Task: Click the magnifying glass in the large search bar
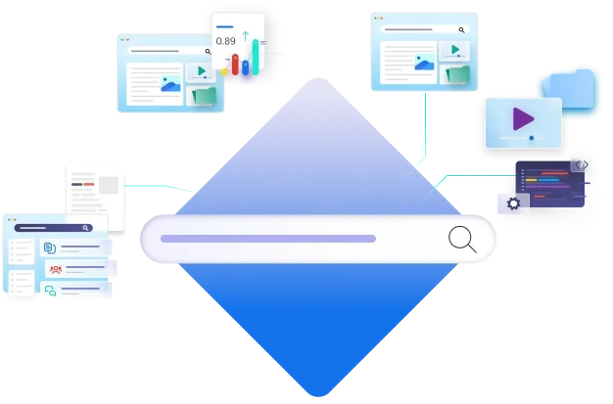tap(462, 239)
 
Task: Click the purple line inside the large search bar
tap(268, 239)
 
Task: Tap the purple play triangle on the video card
tap(523, 119)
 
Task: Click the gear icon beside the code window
tap(512, 203)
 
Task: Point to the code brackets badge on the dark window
tap(580, 165)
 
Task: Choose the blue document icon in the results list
tap(49, 248)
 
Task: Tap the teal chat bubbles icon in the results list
tap(50, 291)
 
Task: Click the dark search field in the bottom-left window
tap(54, 227)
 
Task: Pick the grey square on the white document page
tap(108, 183)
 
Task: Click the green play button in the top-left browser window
tap(200, 71)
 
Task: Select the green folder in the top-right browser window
tap(456, 74)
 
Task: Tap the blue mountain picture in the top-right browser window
tap(424, 65)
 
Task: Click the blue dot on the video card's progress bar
tap(531, 138)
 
